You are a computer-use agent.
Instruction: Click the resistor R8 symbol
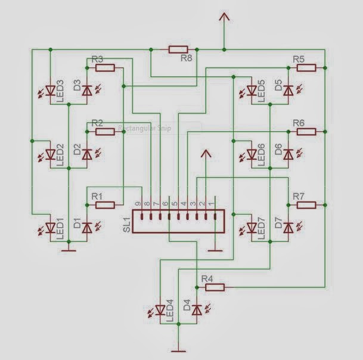[178, 49]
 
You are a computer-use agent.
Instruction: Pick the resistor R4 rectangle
[215, 287]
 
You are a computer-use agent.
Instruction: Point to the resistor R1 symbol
[106, 205]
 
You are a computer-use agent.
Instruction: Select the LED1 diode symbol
[50, 227]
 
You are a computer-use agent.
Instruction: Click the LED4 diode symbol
[160, 310]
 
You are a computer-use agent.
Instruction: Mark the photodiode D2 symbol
[87, 153]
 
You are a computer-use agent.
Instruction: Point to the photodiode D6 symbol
[288, 153]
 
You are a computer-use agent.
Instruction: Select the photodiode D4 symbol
[197, 310]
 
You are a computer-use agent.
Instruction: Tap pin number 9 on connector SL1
[138, 204]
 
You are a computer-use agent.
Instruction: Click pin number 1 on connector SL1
[210, 204]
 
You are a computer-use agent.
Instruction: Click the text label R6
[299, 122]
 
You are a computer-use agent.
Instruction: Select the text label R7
[299, 196]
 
